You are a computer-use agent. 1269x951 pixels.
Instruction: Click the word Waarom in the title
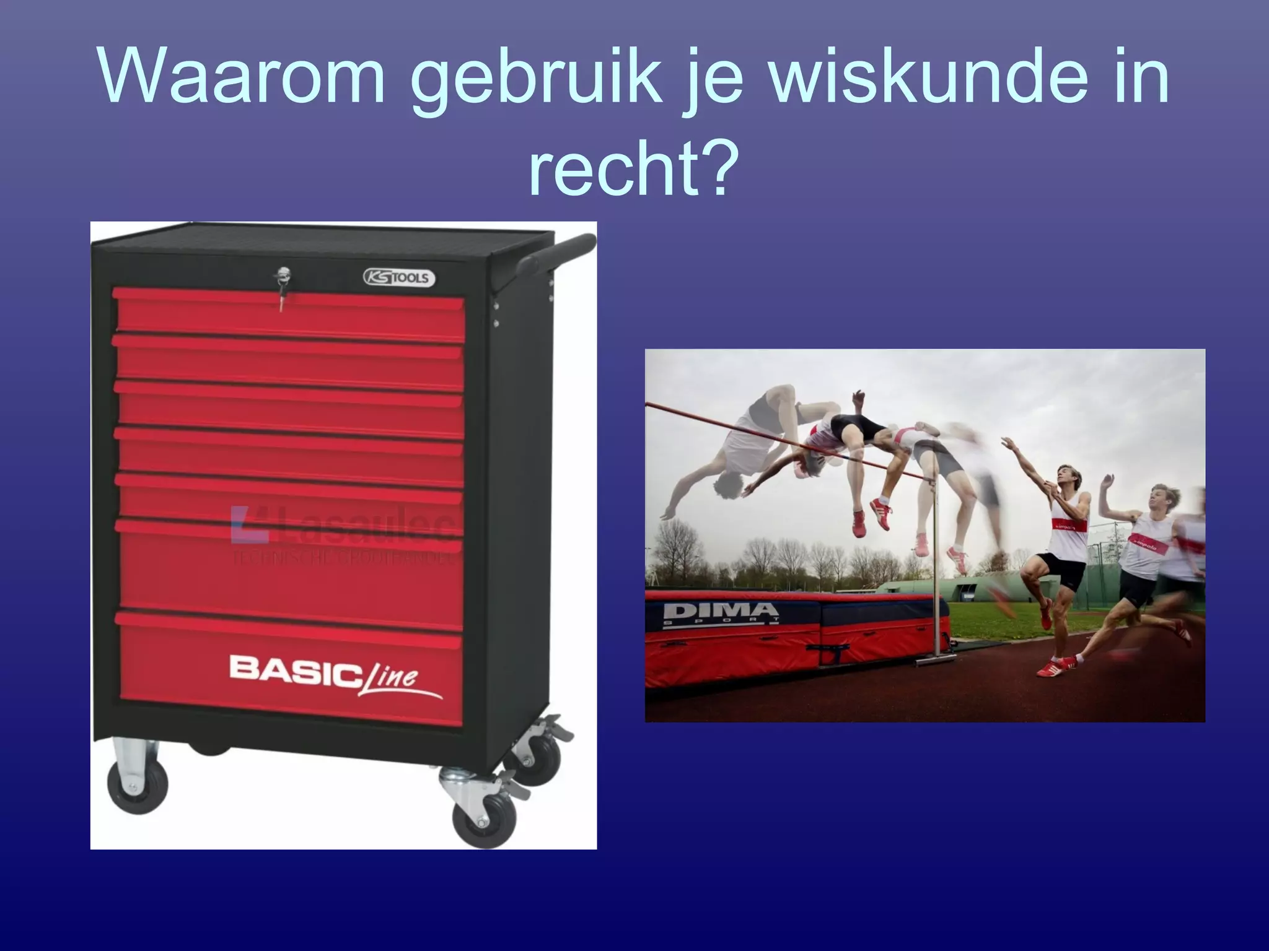pyautogui.click(x=242, y=77)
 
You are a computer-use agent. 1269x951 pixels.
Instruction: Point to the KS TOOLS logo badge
pyautogui.click(x=399, y=277)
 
